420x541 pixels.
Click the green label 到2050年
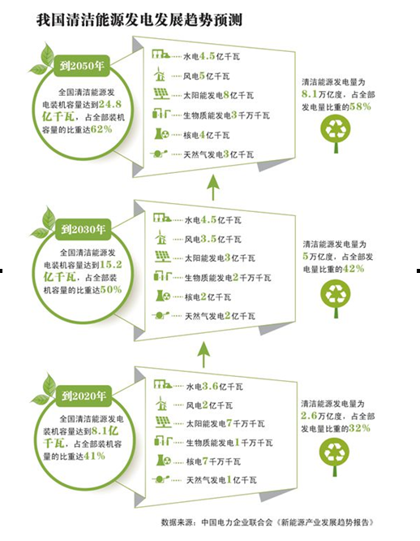[82, 66]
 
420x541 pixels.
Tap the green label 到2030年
[83, 229]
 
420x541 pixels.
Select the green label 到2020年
[84, 396]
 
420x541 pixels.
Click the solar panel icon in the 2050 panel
[161, 94]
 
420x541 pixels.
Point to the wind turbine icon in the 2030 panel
[161, 237]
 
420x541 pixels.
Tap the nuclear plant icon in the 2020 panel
[163, 460]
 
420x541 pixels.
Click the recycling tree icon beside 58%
[336, 133]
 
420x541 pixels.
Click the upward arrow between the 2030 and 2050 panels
[213, 188]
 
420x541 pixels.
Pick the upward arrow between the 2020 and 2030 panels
[204, 354]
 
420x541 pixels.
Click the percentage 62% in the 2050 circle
[101, 129]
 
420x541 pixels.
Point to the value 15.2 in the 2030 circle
[111, 265]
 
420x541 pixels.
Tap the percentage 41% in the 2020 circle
[94, 456]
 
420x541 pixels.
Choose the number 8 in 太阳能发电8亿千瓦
[226, 95]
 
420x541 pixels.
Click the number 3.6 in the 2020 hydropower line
[210, 386]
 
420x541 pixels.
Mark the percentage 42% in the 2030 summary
[354, 268]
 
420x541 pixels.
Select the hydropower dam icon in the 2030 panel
[162, 218]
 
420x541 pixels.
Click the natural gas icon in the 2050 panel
[159, 154]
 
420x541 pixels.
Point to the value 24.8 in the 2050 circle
[110, 104]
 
